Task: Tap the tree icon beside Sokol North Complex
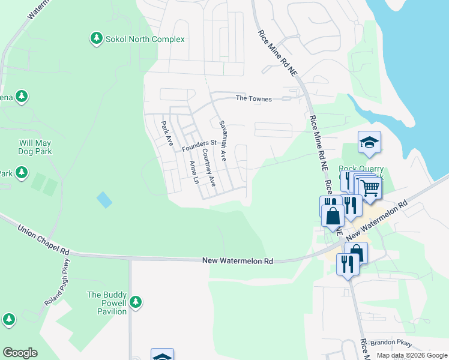pyautogui.click(x=96, y=38)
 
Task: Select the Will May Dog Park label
pyautogui.click(x=35, y=147)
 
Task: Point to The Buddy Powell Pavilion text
pyautogui.click(x=107, y=303)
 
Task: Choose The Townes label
pyautogui.click(x=253, y=98)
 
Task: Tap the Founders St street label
pyautogui.click(x=199, y=145)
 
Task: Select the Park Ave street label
pyautogui.click(x=166, y=133)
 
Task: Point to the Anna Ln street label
pyautogui.click(x=193, y=172)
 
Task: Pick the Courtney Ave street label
pyautogui.click(x=208, y=167)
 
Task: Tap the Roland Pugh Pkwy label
pyautogui.click(x=58, y=282)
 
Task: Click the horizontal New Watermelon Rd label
pyautogui.click(x=238, y=261)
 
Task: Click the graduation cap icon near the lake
pyautogui.click(x=370, y=143)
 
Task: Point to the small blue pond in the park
pyautogui.click(x=104, y=199)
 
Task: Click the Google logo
pyautogui.click(x=20, y=353)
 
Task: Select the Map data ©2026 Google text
pyautogui.click(x=411, y=355)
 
